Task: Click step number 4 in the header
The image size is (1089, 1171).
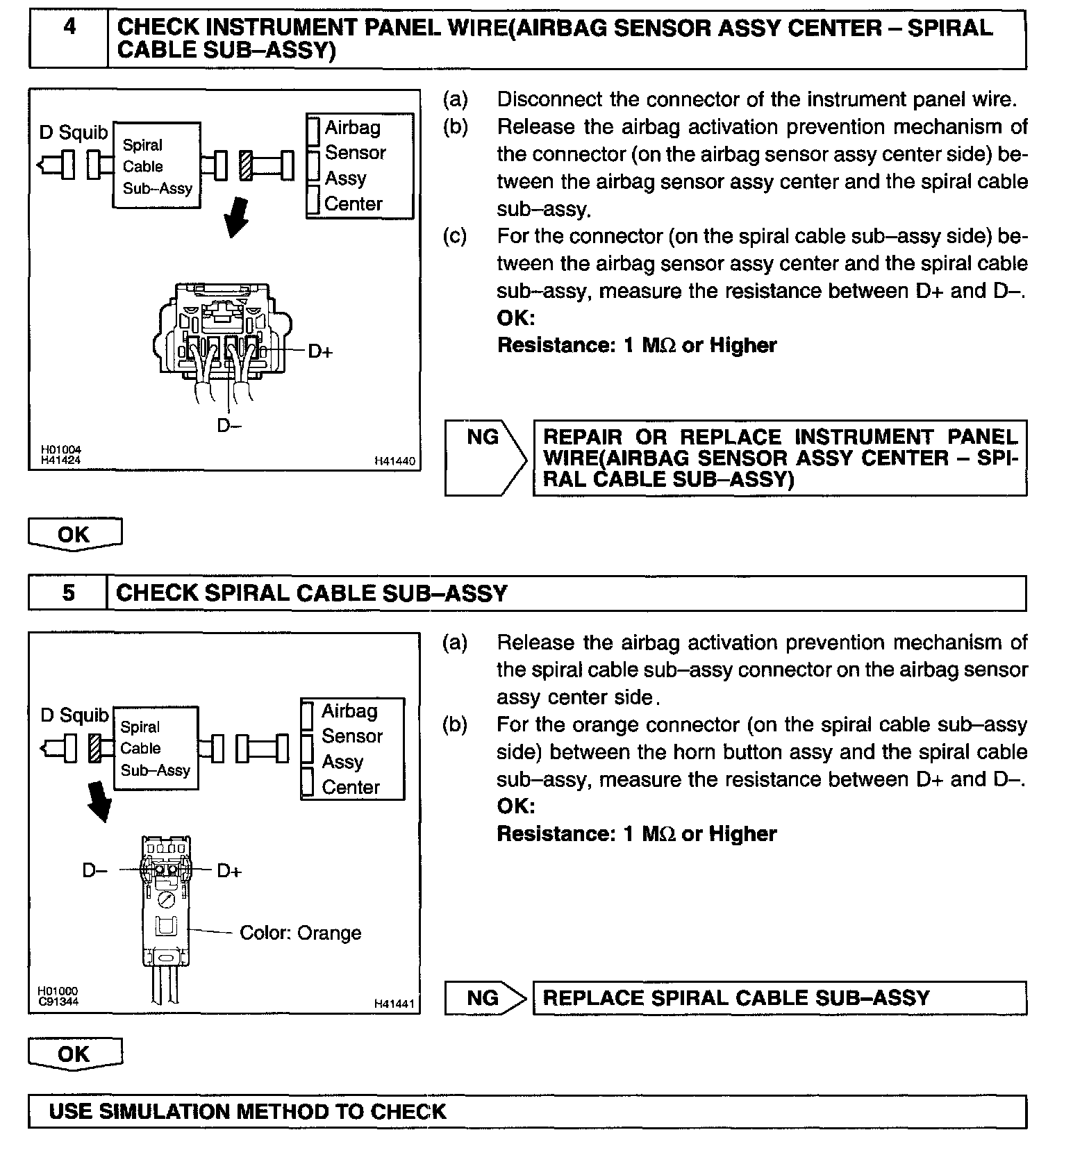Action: [x=69, y=28]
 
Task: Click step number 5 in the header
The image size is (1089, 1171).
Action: [x=68, y=593]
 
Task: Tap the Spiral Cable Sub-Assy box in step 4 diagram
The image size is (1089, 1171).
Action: [x=157, y=166]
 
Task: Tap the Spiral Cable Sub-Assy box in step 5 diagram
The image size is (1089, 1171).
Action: [x=155, y=748]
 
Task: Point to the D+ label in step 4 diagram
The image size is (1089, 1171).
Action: [x=320, y=351]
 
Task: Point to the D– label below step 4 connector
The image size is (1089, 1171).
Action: [x=228, y=425]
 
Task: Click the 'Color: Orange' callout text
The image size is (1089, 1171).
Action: [x=300, y=933]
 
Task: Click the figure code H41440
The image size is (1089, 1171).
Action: [x=394, y=460]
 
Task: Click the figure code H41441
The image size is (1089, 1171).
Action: [x=394, y=1004]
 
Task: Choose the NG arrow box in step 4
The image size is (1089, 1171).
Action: [x=485, y=458]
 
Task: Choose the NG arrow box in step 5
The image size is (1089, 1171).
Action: [x=485, y=998]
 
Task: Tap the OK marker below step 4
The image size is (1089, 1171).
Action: [x=74, y=534]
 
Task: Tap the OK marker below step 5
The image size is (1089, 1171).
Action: [x=74, y=1054]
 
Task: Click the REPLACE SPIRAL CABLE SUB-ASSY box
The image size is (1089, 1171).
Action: [x=779, y=998]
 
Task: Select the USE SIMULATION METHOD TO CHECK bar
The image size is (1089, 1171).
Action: [x=526, y=1112]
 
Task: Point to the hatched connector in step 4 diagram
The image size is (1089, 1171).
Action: [x=246, y=166]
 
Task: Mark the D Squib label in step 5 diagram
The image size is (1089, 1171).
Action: [x=74, y=715]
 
